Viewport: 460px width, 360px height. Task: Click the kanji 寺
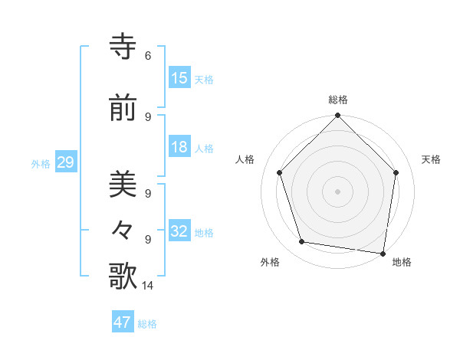click(x=123, y=47)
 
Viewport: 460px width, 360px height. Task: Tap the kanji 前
click(x=123, y=109)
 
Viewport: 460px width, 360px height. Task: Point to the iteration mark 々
click(x=123, y=231)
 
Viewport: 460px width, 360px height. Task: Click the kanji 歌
click(x=123, y=277)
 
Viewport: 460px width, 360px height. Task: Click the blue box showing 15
click(x=179, y=78)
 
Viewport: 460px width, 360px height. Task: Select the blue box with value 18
click(x=179, y=148)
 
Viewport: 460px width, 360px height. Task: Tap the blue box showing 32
click(x=179, y=232)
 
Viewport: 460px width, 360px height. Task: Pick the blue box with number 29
click(x=65, y=163)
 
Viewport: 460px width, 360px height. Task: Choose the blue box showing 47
click(x=123, y=322)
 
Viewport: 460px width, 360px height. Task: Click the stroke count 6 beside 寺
click(x=148, y=56)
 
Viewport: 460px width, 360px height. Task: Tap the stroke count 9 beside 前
click(x=148, y=116)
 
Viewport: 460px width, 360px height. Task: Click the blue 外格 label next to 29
click(x=41, y=164)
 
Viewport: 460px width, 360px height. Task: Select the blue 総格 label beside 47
click(x=147, y=323)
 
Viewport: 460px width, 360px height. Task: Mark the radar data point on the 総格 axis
click(x=337, y=116)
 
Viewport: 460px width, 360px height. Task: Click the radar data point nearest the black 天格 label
click(x=396, y=172)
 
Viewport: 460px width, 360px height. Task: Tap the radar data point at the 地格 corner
click(x=383, y=253)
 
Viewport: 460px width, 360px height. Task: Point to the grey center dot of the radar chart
click(x=337, y=191)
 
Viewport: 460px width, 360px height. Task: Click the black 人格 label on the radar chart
click(x=245, y=159)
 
